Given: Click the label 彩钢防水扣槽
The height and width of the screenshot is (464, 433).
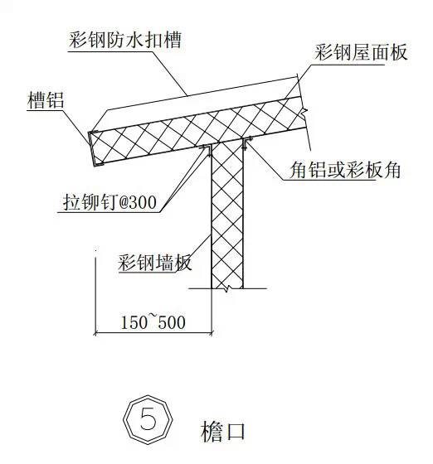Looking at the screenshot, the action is [125, 40].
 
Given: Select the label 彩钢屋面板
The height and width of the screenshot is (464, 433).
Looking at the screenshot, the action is [361, 53].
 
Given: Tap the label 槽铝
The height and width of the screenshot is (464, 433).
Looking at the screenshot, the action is [46, 100].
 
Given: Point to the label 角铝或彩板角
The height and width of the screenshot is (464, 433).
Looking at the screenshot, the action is [345, 170].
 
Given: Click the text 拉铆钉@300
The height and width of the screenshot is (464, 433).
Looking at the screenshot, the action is [109, 202].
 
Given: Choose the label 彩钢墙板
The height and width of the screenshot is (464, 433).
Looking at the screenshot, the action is [154, 262].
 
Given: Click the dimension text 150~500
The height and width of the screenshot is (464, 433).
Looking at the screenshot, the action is [153, 322].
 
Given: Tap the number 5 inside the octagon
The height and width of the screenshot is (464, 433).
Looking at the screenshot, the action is [148, 418].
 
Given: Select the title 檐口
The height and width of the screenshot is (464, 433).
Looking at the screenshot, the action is [223, 431].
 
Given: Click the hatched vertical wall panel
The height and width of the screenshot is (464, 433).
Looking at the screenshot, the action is [227, 215].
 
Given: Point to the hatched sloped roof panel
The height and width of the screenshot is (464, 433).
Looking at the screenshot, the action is [199, 131].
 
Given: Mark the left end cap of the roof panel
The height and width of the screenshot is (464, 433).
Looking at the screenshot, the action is [93, 148].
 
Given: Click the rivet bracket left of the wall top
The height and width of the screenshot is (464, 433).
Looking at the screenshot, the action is [207, 150].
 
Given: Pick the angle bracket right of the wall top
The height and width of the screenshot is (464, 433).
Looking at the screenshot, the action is [246, 143].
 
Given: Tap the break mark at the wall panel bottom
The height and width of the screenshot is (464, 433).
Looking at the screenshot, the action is [227, 288].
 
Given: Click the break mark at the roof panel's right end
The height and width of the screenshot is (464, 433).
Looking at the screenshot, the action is [303, 112].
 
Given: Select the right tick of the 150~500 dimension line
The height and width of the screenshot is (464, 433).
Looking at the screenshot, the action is [212, 333].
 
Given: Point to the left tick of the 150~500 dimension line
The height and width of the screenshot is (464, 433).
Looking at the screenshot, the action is [95, 333].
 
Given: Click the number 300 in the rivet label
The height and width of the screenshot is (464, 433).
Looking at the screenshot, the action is [144, 203].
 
